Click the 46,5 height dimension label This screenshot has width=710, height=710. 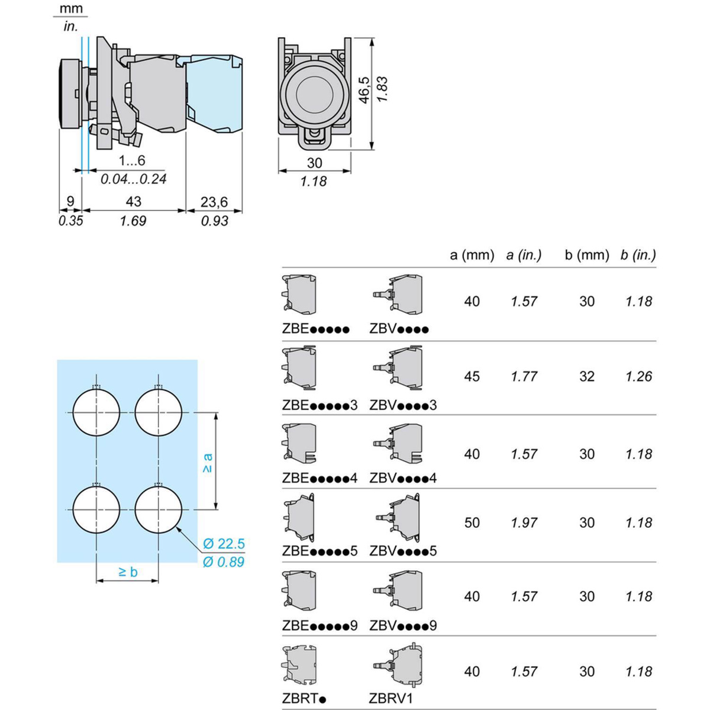(364, 89)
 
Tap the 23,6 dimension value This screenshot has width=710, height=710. (214, 202)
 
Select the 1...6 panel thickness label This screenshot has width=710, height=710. (131, 161)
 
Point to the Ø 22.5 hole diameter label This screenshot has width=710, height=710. (223, 544)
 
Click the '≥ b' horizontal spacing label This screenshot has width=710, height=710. (128, 572)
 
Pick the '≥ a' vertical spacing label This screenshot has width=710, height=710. (207, 462)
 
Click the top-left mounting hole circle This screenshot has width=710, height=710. (96, 412)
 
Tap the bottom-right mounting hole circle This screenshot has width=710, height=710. (159, 509)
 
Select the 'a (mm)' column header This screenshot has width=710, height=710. (472, 255)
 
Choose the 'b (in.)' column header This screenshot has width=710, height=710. (638, 255)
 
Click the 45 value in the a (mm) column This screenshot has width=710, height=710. (472, 377)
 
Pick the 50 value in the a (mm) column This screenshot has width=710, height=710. (472, 523)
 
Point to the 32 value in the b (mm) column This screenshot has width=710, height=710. (586, 377)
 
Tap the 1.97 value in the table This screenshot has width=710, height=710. (524, 523)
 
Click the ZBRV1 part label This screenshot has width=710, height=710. (390, 699)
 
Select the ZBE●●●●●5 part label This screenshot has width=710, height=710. (319, 551)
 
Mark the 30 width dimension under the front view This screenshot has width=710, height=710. (315, 163)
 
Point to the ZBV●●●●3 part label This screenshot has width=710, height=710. (403, 405)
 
